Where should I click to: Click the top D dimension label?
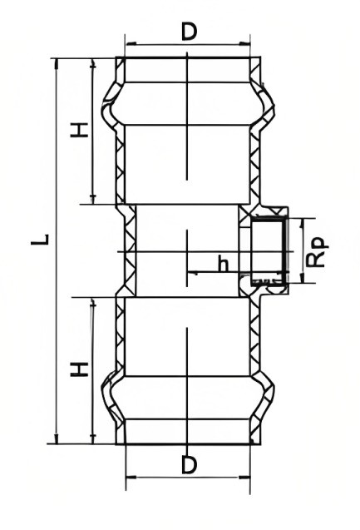[x=189, y=32]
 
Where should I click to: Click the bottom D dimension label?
[x=189, y=465]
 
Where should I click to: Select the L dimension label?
[x=41, y=240]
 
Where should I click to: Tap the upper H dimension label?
[x=79, y=130]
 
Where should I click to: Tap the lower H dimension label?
[x=79, y=369]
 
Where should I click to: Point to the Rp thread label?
[x=318, y=252]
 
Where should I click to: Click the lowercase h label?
[x=223, y=265]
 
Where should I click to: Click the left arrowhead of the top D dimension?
[x=131, y=43]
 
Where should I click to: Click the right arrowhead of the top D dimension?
[x=244, y=43]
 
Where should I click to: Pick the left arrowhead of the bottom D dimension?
[x=131, y=478]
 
